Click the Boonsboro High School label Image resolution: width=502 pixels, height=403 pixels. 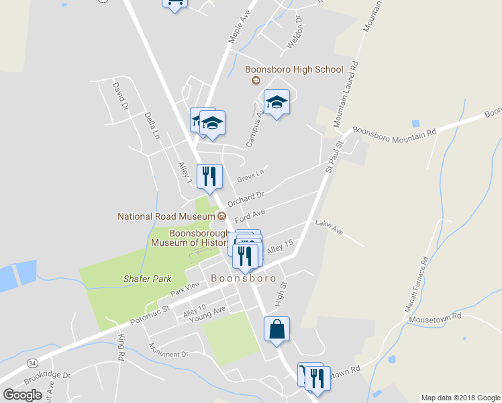[294, 69]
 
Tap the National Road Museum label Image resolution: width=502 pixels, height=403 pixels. [166, 216]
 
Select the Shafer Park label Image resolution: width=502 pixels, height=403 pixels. [147, 279]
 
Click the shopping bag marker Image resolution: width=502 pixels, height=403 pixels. [277, 330]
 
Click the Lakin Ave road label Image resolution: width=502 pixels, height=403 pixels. [329, 227]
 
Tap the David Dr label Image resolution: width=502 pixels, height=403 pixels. [119, 95]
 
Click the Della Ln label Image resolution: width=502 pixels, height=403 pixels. [152, 125]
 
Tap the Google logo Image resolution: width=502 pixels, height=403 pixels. [22, 395]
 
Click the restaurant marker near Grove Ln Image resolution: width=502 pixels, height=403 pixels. [209, 177]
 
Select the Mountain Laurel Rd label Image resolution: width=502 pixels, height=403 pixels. [348, 93]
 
